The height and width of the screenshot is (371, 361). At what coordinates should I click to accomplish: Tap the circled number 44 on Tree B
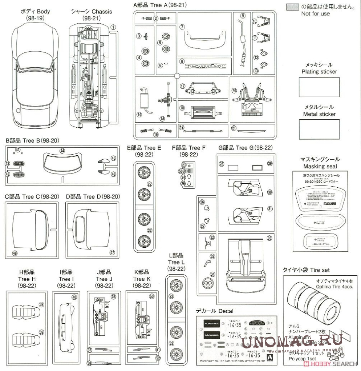point(62,151)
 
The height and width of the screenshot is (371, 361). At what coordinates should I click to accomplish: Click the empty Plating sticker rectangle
point(319,87)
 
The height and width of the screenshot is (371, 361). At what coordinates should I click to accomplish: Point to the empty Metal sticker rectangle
point(319,129)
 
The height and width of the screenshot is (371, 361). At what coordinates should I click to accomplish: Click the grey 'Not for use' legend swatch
point(292,7)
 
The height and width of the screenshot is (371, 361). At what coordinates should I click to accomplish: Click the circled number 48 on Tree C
point(15,253)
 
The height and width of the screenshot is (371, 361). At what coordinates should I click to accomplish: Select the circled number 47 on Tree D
point(112,252)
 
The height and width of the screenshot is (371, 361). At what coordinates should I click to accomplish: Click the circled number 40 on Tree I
point(74,297)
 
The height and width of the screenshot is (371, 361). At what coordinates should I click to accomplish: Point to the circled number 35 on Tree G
point(269,239)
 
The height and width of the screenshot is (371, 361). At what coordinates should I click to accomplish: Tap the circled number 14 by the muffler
point(139,115)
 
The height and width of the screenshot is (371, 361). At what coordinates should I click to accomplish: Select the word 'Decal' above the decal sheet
point(226,311)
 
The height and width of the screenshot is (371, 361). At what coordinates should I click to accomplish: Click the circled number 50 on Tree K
point(152,296)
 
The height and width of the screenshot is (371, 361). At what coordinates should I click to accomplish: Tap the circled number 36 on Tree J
point(114,297)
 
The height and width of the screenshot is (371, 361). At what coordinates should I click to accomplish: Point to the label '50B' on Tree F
point(182,171)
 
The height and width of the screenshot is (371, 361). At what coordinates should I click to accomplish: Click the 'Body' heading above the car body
point(43,11)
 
